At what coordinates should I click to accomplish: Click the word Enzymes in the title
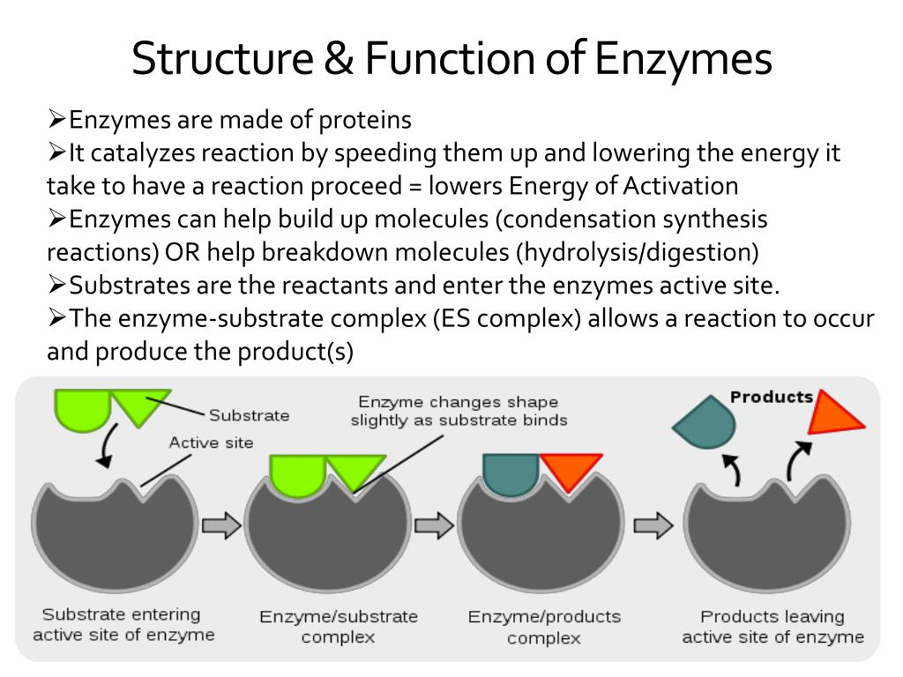[683, 59]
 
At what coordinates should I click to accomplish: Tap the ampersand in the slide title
[339, 57]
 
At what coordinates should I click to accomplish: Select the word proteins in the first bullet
[365, 120]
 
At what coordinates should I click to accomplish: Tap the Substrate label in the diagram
[250, 415]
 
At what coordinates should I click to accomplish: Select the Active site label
[212, 443]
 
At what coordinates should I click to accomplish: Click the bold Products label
[772, 397]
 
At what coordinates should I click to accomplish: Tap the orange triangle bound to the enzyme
[571, 468]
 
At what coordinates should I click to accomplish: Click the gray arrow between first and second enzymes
[221, 525]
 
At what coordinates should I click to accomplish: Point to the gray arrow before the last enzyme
[653, 525]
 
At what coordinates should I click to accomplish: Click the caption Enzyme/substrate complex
[339, 627]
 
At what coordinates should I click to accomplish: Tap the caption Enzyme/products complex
[544, 627]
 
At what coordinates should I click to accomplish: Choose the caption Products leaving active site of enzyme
[772, 627]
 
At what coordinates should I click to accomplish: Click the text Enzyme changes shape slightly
[459, 411]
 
